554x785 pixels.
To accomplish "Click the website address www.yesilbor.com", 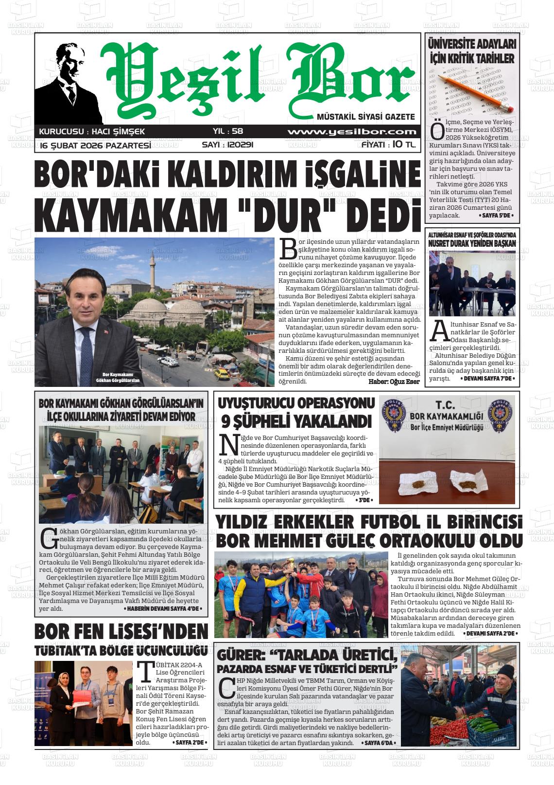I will pos(351,132).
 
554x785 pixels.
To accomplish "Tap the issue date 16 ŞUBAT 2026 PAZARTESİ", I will pos(95,146).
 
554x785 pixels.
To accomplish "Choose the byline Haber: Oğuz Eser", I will pos(394,381).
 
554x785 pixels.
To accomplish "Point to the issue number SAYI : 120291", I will pos(227,145).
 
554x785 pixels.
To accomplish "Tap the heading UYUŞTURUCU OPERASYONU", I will pos(296,403).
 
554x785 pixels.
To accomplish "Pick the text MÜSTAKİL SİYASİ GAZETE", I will pos(365,117).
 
